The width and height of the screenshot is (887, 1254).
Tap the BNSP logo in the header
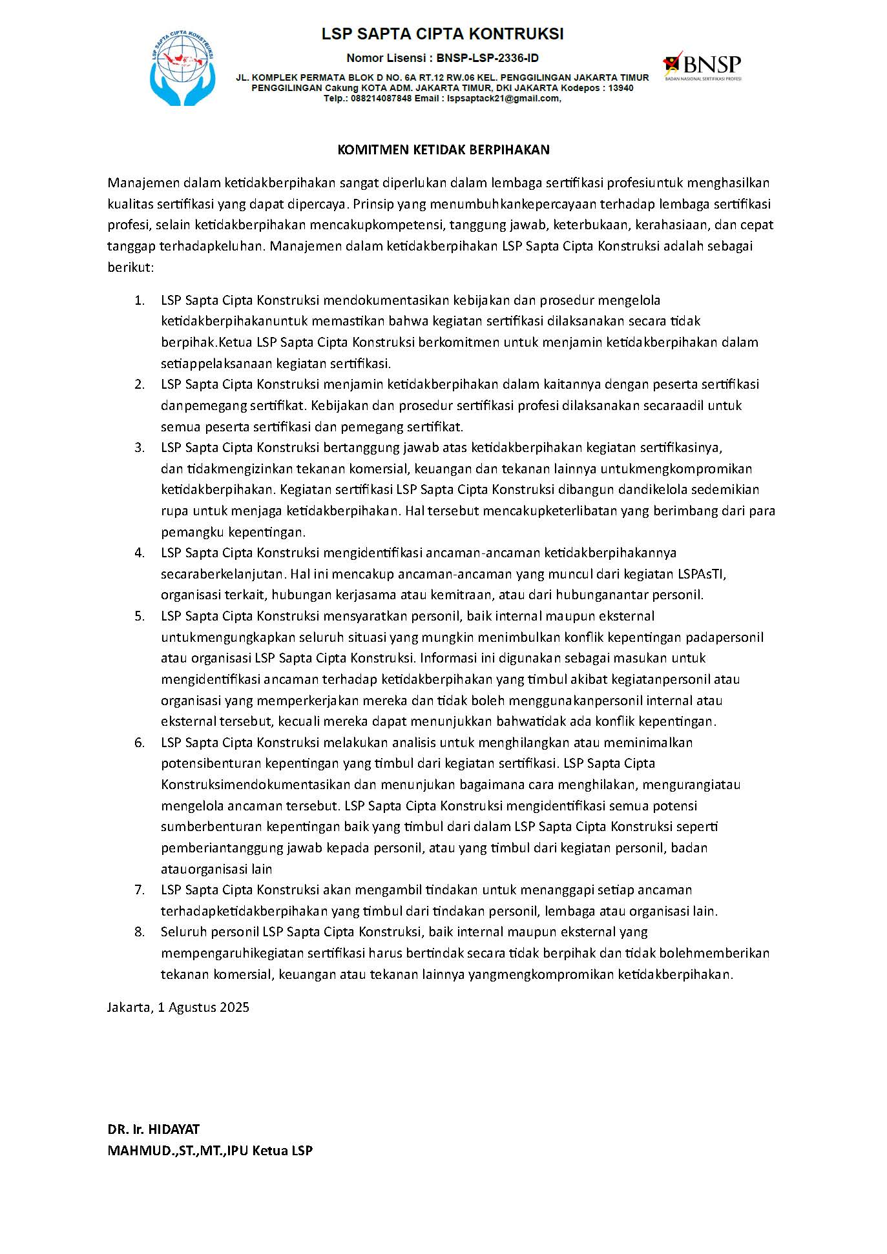pyautogui.click(x=702, y=66)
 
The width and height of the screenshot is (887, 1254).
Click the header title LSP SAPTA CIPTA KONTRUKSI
pyautogui.click(x=443, y=34)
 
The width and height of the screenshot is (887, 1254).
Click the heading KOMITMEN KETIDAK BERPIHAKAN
pyautogui.click(x=443, y=150)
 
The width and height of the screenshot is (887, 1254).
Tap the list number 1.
pyautogui.click(x=139, y=300)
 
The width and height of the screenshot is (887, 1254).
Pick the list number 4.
pyautogui.click(x=139, y=553)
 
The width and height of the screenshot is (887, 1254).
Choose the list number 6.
pyautogui.click(x=139, y=743)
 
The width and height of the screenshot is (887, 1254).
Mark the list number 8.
pyautogui.click(x=139, y=932)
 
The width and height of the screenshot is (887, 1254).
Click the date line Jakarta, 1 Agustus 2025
pyautogui.click(x=178, y=1007)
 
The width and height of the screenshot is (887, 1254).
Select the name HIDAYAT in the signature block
pyautogui.click(x=174, y=1129)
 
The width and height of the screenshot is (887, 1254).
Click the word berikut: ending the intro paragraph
pyautogui.click(x=130, y=267)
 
